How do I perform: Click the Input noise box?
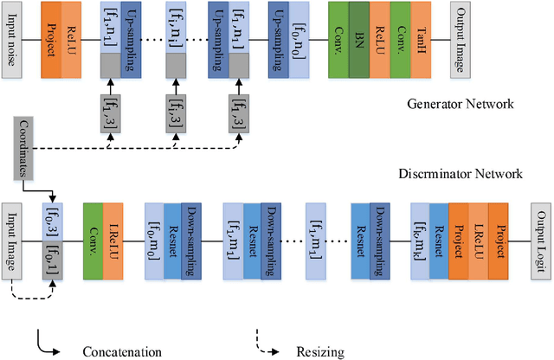12,39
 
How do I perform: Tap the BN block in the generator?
360,39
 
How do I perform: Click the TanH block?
422,39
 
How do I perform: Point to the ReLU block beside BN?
380,39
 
